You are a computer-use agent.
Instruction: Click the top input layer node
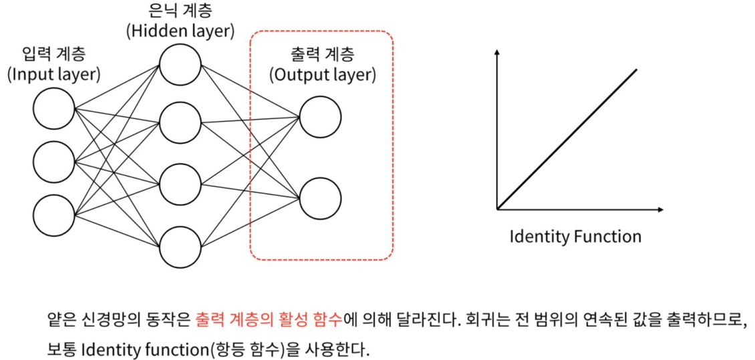point(54,109)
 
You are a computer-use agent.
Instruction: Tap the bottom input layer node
point(54,214)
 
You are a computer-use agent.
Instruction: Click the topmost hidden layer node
point(180,65)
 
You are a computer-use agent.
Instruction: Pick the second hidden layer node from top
point(180,122)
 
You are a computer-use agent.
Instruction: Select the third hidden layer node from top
point(180,182)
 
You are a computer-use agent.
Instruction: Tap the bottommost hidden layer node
point(180,246)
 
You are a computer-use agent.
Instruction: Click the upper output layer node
point(320,117)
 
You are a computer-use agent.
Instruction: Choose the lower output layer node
point(320,197)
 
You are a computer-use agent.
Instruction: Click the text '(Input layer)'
point(54,74)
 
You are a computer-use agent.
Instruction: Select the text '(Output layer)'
point(322,74)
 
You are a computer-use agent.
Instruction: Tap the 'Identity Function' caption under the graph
point(575,236)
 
